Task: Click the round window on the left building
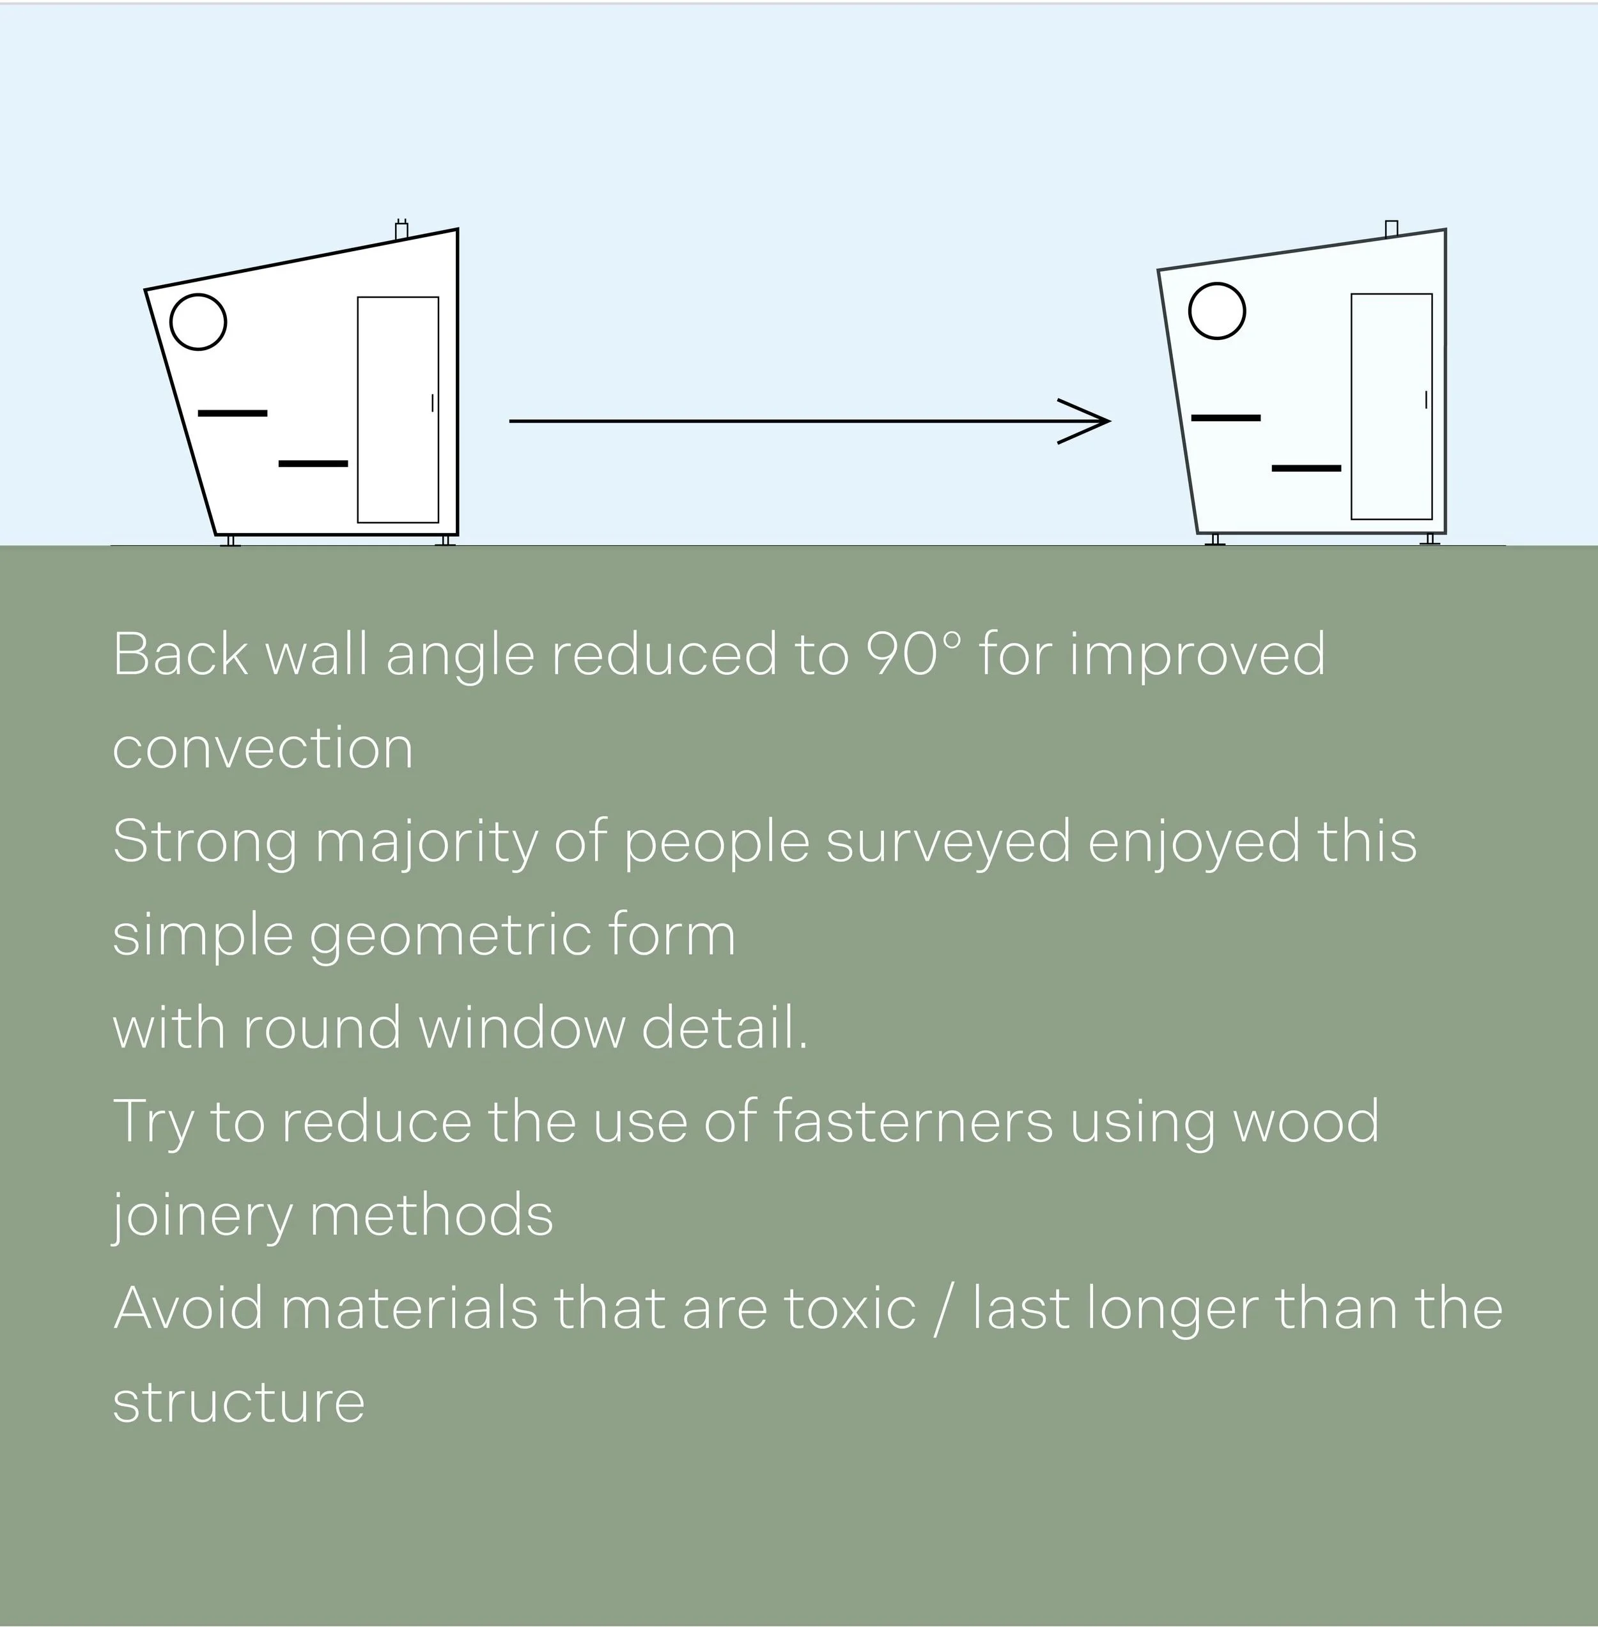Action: (198, 321)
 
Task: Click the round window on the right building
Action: (1217, 311)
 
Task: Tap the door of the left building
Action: (398, 410)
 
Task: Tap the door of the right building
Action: (1391, 406)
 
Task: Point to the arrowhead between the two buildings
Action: (1091, 420)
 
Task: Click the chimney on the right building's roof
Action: (1392, 228)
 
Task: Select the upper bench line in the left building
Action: (233, 413)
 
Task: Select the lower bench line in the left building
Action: (313, 463)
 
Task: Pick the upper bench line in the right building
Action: (1225, 417)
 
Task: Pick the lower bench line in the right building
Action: (1306, 467)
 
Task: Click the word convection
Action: (263, 748)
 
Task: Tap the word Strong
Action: (205, 842)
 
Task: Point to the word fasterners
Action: (911, 1121)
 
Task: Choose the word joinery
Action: (201, 1217)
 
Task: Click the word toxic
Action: (849, 1309)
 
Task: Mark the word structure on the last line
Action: (239, 1403)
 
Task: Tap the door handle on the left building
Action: (432, 403)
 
